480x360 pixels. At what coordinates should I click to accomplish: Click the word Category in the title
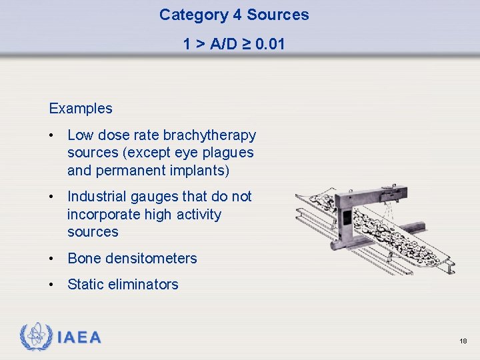188,15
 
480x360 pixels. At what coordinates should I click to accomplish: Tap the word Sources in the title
278,15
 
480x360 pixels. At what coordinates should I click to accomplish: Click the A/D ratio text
223,45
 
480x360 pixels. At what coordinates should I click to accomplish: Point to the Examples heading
81,108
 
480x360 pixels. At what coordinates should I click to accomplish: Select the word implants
199,170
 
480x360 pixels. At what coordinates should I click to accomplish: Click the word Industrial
99,197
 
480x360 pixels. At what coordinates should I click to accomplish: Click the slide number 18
463,341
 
